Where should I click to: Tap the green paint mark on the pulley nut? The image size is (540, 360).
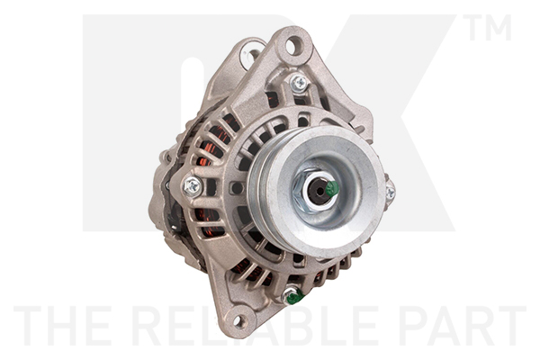tap(332, 188)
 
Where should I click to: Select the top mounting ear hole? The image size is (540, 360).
tap(292, 46)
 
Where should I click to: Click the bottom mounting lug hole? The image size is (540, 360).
tap(238, 321)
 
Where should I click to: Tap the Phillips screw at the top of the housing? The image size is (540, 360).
tap(299, 83)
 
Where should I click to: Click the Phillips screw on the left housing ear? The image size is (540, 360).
tap(193, 186)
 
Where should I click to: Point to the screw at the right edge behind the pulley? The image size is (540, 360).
tap(391, 193)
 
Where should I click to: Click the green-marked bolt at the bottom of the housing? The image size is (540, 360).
tap(292, 296)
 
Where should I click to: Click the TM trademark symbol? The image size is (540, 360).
tap(487, 28)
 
